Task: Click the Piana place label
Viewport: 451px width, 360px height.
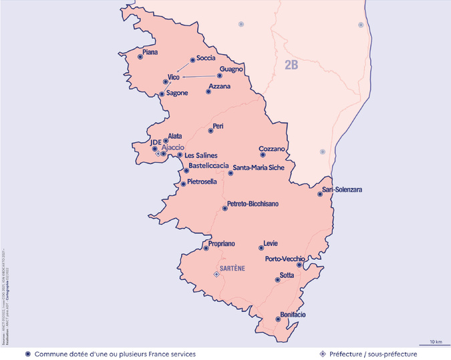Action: tap(151, 51)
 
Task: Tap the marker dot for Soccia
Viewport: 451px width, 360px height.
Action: tap(192, 59)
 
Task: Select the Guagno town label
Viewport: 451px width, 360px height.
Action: tap(231, 69)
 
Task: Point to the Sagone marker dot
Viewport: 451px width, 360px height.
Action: tap(161, 94)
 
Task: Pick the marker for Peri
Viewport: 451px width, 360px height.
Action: tap(208, 131)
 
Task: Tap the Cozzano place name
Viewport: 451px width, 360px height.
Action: tap(273, 148)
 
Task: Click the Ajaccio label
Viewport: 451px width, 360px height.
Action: tap(173, 148)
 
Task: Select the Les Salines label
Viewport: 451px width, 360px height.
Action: tap(201, 156)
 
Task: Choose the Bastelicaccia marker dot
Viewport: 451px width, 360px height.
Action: tap(186, 170)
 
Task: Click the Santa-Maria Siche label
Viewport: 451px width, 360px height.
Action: tap(259, 168)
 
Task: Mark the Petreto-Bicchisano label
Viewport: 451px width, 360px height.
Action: tap(253, 203)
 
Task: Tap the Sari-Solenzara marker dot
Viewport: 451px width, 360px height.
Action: tap(320, 194)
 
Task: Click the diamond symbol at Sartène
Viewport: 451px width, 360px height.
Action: tap(216, 274)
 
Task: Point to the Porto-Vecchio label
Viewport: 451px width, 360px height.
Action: tap(285, 258)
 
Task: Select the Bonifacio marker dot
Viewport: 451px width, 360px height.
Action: tap(278, 319)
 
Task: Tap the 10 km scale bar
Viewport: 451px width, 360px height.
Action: tap(435, 345)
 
